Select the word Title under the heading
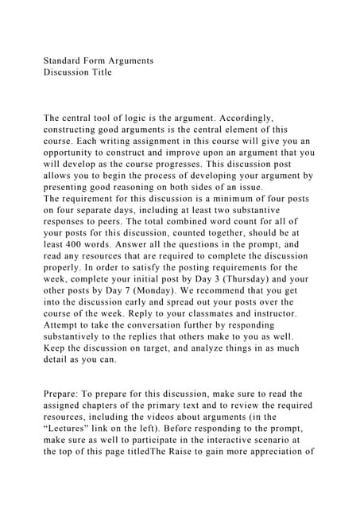coord(100,72)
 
